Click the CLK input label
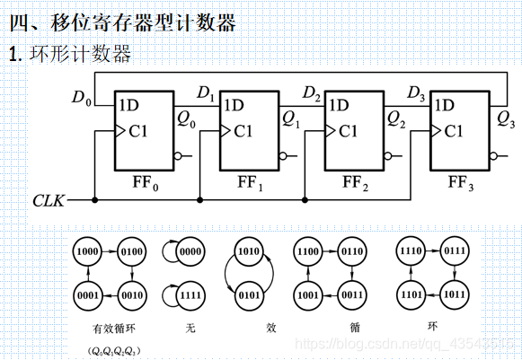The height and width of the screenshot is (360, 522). pos(47,200)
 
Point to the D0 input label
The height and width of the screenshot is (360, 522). pos(82,97)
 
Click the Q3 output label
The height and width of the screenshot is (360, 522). pos(506,117)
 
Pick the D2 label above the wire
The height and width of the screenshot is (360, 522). pos(312,92)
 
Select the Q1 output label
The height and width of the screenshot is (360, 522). pos(292,117)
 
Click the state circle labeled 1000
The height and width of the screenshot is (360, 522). pos(89,253)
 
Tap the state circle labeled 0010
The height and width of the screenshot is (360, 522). pos(133,293)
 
